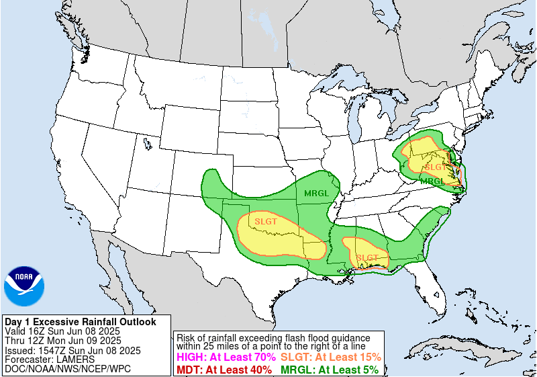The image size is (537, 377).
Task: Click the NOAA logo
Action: click(24, 286)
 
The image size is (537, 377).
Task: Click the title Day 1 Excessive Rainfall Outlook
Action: click(80, 322)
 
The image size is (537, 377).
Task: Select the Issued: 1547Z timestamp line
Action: click(72, 350)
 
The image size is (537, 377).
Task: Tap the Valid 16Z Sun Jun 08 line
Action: click(62, 331)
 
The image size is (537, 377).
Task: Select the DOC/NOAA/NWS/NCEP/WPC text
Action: click(67, 369)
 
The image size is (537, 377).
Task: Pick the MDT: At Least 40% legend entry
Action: click(225, 369)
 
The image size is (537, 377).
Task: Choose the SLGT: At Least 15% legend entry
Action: click(330, 358)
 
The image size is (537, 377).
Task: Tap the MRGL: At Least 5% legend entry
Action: click(329, 369)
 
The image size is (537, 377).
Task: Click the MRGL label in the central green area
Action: click(316, 194)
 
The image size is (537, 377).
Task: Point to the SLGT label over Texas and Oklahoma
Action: click(266, 220)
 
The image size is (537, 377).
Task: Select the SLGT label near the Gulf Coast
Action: click(367, 257)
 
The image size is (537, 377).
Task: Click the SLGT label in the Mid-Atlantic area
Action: click(435, 167)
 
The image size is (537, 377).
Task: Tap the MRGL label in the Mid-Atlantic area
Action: click(432, 181)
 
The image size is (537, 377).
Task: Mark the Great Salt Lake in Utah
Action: click(146, 142)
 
